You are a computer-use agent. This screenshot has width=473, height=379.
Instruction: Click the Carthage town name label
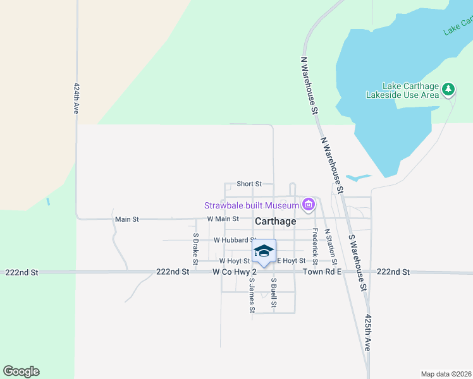pyautogui.click(x=275, y=222)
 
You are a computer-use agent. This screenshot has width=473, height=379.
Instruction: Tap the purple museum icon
pyautogui.click(x=309, y=204)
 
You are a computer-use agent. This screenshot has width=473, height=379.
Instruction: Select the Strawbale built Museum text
pyautogui.click(x=251, y=205)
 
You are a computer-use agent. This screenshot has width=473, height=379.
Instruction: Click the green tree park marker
pyautogui.click(x=448, y=89)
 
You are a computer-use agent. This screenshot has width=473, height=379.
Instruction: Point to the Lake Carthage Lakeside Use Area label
pyautogui.click(x=402, y=91)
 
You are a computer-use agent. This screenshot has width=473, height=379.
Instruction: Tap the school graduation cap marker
pyautogui.click(x=264, y=251)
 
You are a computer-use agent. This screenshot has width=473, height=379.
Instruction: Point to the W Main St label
pyautogui.click(x=223, y=219)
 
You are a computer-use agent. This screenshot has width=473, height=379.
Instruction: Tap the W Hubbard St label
pyautogui.click(x=233, y=240)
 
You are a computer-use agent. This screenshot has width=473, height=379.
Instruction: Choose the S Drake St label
pyautogui.click(x=195, y=249)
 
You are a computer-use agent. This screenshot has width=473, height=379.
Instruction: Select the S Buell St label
pyautogui.click(x=274, y=293)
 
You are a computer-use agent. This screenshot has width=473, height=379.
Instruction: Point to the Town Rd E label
pyautogui.click(x=322, y=272)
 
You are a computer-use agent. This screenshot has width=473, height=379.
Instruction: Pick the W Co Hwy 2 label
pyautogui.click(x=234, y=272)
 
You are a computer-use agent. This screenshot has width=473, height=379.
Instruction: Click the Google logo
pyautogui.click(x=21, y=371)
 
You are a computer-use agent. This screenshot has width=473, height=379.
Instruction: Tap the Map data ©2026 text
pyautogui.click(x=446, y=374)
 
